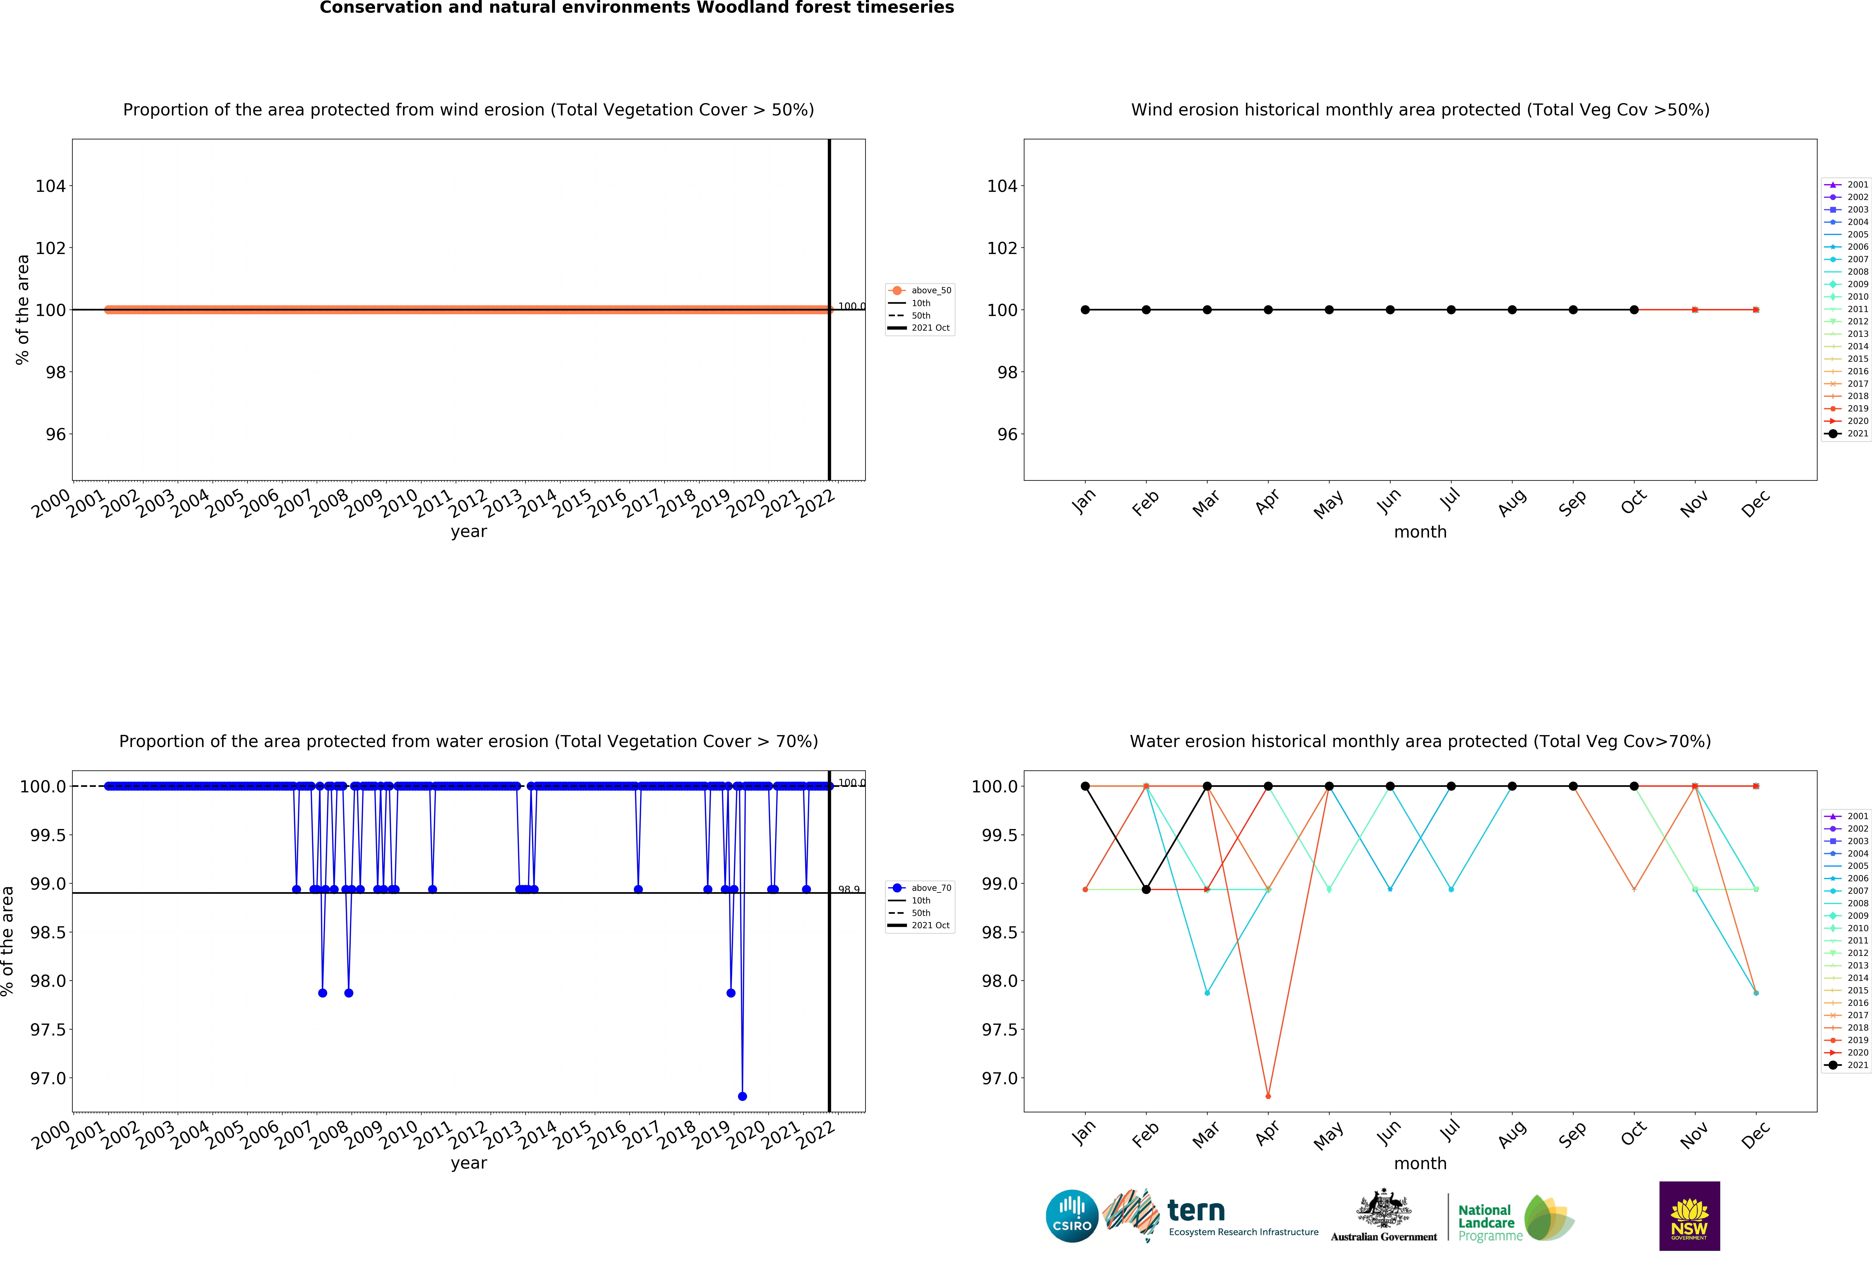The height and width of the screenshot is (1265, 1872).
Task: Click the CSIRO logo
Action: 1071,1216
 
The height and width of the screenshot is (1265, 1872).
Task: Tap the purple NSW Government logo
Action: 1689,1216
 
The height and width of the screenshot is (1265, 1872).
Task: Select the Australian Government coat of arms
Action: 1383,1208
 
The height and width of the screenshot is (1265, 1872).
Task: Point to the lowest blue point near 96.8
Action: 742,1096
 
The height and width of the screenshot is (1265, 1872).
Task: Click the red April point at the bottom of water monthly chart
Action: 1268,1096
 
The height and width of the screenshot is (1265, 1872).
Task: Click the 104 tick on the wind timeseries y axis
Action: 50,186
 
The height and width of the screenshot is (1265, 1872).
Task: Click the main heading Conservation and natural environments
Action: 636,8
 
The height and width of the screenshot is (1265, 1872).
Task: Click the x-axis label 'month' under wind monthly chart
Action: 1420,532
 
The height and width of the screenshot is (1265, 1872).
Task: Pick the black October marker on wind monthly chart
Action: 1634,310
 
